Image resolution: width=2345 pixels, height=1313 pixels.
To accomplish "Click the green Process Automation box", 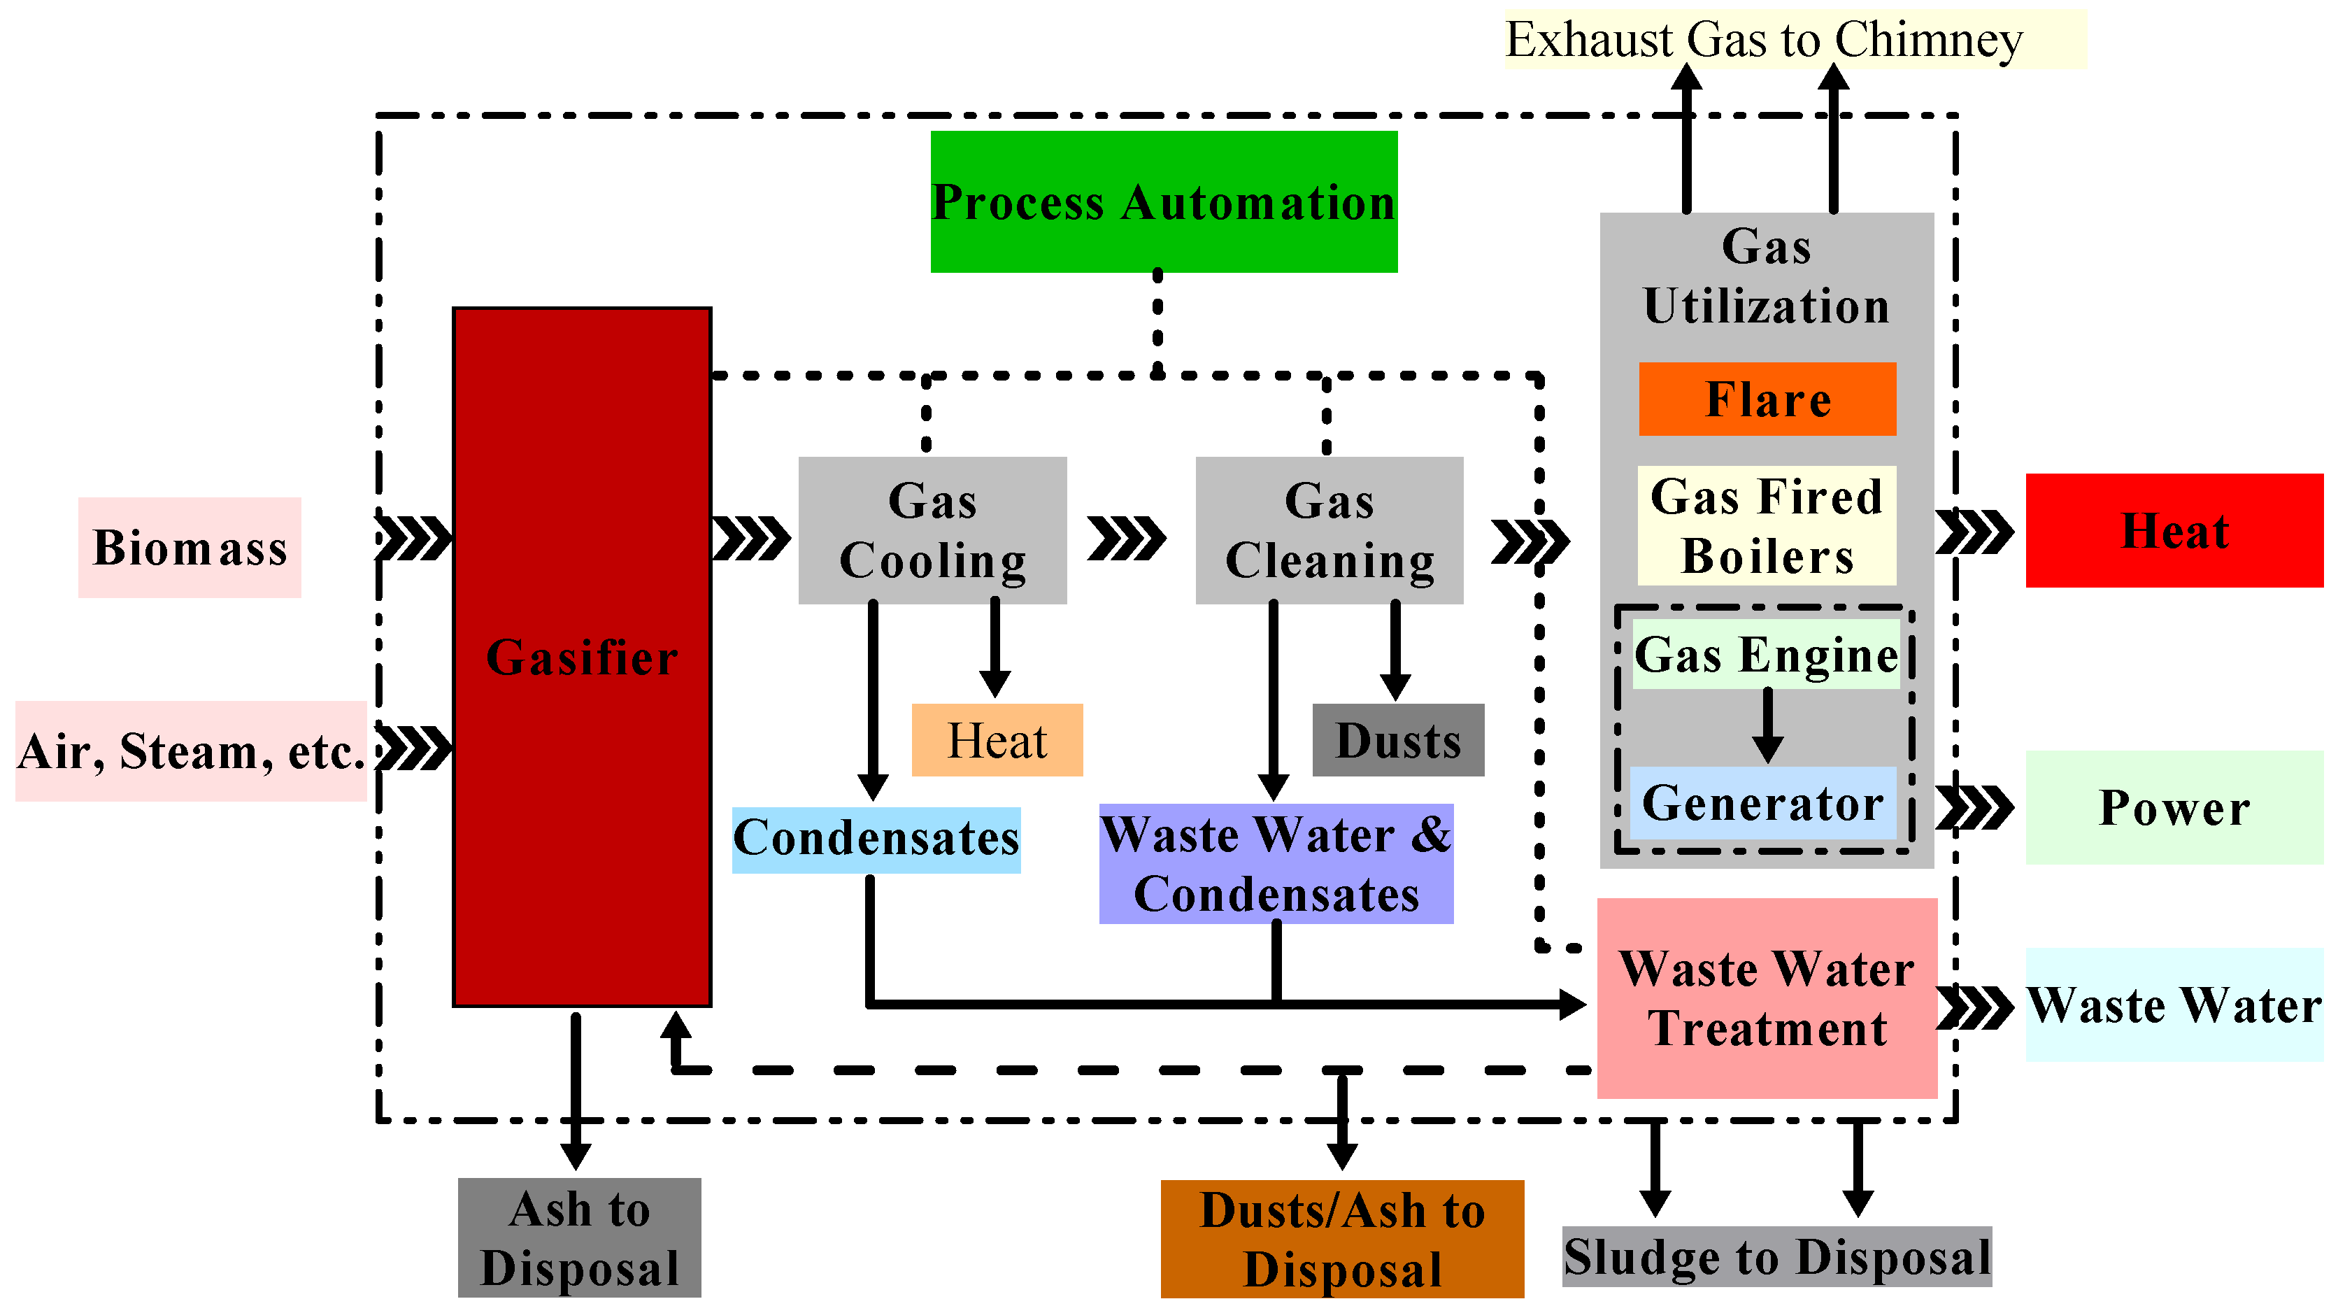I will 1163,201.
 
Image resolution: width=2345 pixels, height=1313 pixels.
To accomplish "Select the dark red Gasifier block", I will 582,656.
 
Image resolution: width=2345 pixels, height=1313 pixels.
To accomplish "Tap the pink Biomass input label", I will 190,547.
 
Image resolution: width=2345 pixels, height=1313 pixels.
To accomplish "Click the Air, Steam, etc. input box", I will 190,751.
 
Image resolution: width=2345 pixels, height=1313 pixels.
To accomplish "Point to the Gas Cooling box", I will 932,530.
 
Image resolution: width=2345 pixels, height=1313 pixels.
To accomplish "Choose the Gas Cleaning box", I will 1329,530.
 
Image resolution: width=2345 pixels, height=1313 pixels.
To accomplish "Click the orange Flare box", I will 1767,399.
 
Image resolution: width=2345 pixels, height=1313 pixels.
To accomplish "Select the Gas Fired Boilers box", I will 1767,525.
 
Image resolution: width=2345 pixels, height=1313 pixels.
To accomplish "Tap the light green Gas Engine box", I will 1766,654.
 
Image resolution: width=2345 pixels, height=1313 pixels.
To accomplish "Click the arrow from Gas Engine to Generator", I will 1767,725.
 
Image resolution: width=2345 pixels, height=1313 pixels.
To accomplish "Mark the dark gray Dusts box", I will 1398,739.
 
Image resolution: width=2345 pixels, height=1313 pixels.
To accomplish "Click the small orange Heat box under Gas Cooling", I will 997,739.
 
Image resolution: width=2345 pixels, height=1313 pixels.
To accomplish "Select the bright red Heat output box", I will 2174,530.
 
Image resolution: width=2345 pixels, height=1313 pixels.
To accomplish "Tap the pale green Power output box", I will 2174,807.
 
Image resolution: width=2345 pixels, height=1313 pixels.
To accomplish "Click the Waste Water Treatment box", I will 1767,998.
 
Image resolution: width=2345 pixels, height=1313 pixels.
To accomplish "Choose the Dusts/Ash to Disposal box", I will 1342,1238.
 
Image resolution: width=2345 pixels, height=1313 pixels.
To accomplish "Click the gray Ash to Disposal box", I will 579,1237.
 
